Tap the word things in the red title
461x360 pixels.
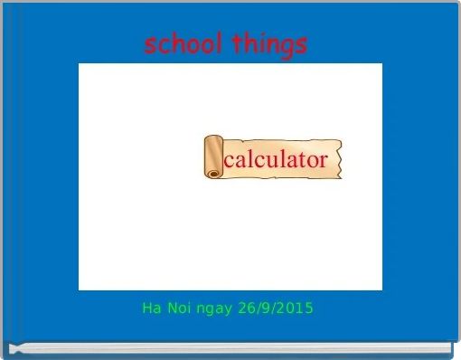pos(269,43)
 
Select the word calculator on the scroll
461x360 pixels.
pos(275,160)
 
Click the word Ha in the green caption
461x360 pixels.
pos(151,308)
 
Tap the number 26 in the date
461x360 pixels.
pos(242,308)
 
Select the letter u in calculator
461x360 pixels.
pos(271,162)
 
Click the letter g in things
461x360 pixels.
pos(288,47)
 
